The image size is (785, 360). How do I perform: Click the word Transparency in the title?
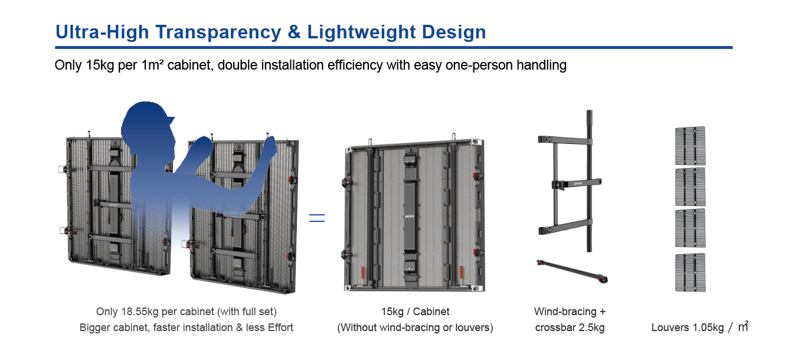218,32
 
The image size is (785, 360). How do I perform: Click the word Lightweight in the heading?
361,32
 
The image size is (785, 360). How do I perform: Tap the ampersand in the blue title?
295,32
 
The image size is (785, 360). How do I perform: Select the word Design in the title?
454,32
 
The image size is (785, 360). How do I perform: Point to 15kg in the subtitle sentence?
100,66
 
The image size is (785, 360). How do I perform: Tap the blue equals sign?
317,218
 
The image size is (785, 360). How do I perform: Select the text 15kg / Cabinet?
415,312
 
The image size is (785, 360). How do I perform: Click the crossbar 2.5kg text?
570,328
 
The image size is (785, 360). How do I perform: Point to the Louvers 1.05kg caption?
688,328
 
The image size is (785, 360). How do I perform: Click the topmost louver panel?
690,146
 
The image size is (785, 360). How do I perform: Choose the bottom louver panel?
690,273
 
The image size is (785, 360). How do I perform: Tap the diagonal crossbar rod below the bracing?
572,271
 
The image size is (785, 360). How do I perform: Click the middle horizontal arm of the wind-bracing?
577,184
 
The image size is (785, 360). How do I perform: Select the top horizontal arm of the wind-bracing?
565,140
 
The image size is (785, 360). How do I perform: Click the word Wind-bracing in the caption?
565,312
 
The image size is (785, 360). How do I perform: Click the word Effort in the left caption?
280,328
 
